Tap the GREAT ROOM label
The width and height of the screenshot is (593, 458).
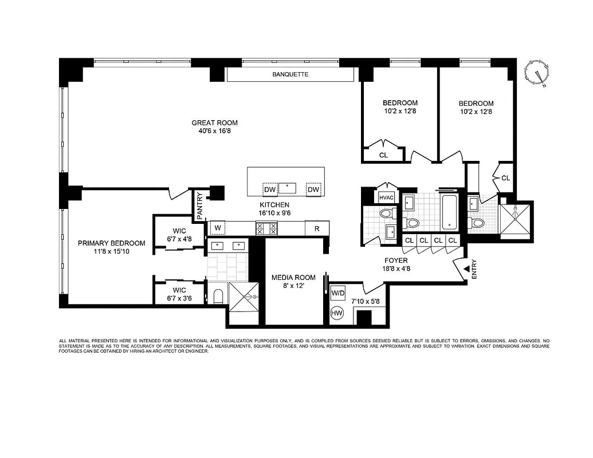[214, 123]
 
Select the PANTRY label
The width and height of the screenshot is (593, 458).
[200, 206]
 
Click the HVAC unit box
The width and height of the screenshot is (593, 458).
[384, 197]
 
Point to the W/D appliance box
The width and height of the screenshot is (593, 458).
[338, 293]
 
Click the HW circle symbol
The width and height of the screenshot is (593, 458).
[337, 313]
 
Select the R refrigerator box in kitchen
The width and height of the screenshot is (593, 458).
[317, 228]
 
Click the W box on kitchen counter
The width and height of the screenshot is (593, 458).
[217, 228]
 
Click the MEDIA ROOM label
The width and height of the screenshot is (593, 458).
[293, 278]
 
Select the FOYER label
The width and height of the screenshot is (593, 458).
[396, 260]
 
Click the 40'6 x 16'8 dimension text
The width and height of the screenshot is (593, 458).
[214, 131]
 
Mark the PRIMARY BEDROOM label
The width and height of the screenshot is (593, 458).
[112, 243]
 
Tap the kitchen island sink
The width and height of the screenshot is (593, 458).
[287, 188]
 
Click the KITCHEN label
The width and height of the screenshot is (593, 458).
[274, 205]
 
